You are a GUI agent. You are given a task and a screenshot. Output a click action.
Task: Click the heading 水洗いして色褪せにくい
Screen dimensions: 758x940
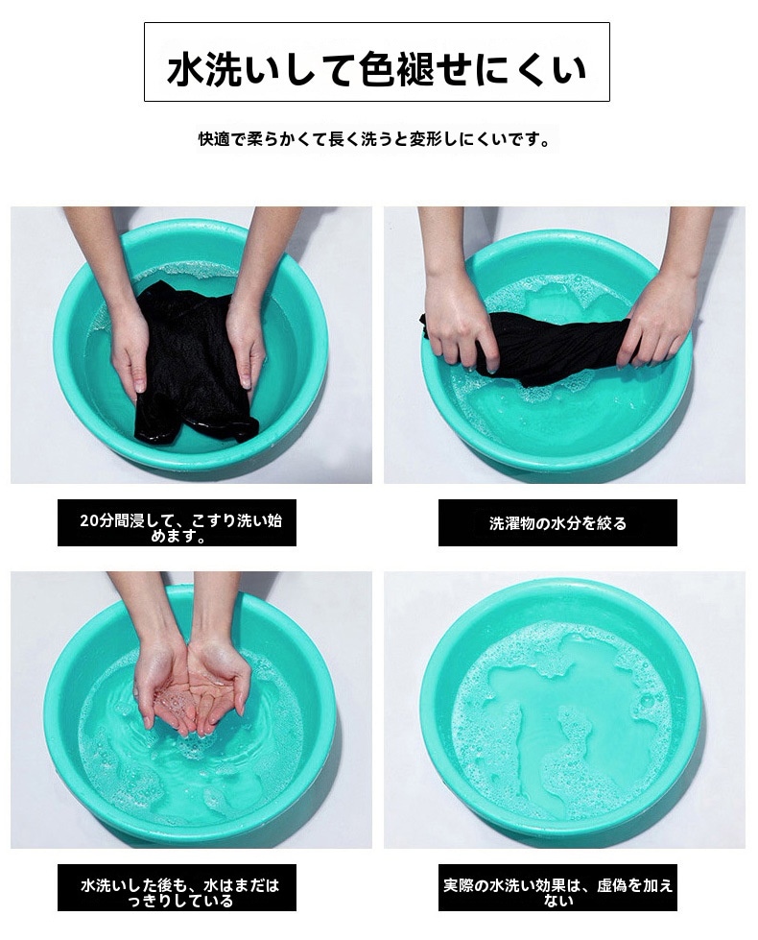376,69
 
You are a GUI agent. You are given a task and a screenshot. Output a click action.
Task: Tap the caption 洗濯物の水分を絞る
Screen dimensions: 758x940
557,523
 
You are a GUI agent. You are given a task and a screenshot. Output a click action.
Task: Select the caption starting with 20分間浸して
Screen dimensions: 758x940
180,527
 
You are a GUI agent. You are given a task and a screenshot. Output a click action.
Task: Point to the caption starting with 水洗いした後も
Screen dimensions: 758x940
180,893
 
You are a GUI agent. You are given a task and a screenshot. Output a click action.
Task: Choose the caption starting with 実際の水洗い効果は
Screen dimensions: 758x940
557,893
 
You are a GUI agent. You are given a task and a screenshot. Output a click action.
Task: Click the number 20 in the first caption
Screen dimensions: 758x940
88,519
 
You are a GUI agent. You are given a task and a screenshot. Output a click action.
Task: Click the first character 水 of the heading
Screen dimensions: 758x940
186,69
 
